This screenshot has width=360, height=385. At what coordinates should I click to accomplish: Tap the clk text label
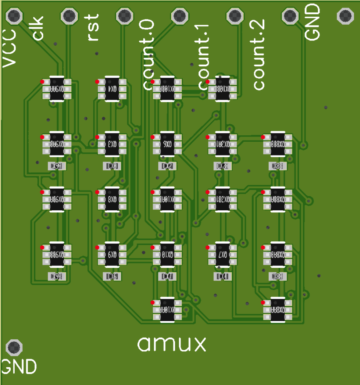[x=39, y=28]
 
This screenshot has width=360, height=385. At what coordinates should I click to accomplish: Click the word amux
[x=172, y=344]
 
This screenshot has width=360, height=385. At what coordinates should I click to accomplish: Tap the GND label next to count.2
[x=313, y=22]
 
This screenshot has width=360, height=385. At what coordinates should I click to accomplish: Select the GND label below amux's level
[x=19, y=367]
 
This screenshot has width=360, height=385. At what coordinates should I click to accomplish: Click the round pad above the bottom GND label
[x=15, y=347]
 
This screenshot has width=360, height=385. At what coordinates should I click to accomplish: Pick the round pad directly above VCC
[x=15, y=16]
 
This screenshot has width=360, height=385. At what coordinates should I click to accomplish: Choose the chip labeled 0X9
[x=112, y=254]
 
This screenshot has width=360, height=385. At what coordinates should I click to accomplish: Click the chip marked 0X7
[x=223, y=254]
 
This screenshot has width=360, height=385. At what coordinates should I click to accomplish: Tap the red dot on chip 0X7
[x=208, y=247]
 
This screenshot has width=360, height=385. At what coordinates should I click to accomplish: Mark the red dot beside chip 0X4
[x=97, y=81]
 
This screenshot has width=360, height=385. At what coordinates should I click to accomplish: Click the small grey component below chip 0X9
[x=112, y=276]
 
